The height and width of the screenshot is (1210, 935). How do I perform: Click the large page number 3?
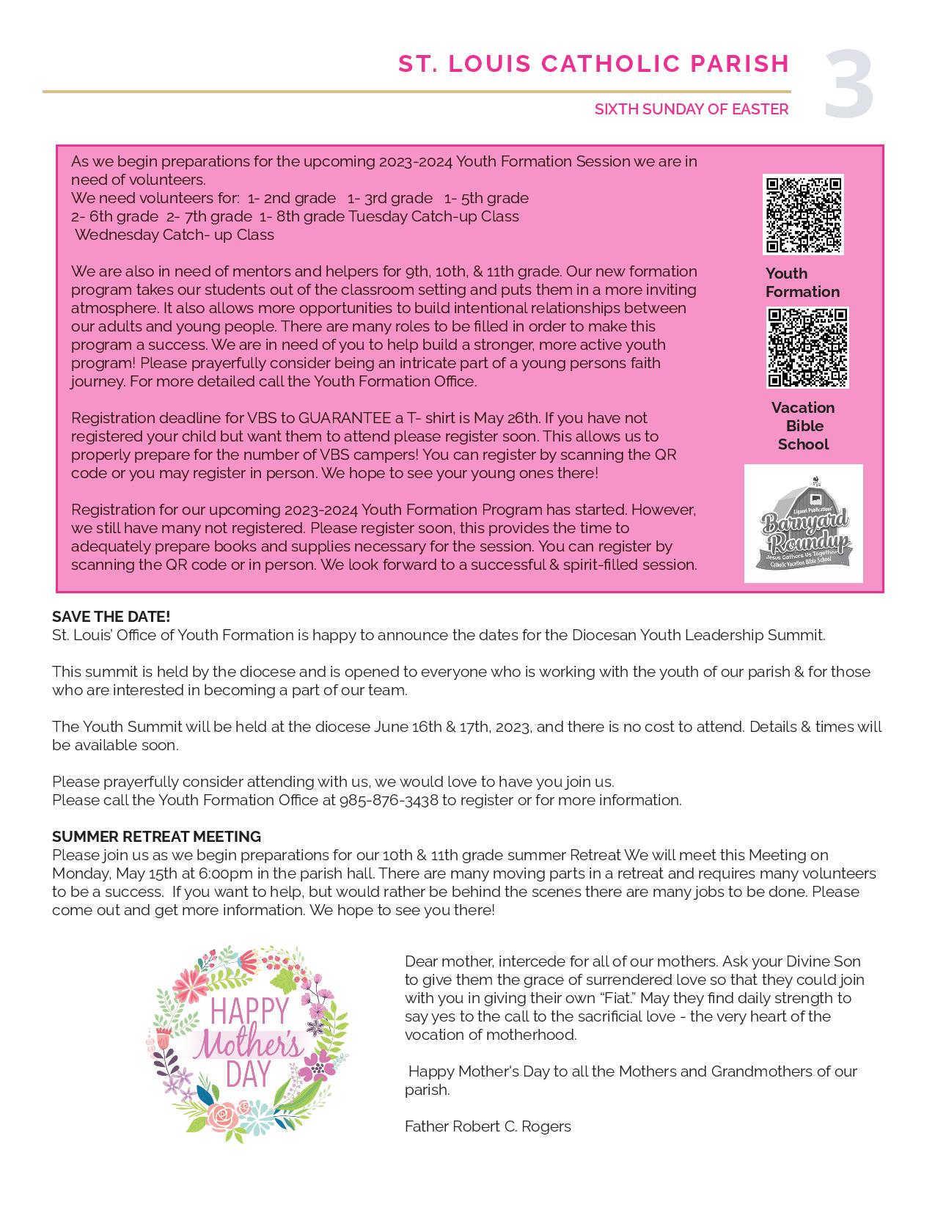coord(848,85)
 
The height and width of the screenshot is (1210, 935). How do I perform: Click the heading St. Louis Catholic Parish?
coord(593,65)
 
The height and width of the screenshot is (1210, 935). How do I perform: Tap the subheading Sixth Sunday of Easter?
coord(691,109)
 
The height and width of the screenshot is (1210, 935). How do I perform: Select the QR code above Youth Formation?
coord(803,215)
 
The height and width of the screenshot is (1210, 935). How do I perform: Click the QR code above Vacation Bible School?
coord(807,348)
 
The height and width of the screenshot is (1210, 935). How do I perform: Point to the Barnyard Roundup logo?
coord(804,524)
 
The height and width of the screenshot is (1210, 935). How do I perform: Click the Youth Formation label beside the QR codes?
coord(802,282)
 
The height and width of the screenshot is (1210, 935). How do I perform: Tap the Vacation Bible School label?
coord(803,426)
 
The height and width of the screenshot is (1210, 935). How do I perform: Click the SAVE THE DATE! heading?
coord(111,617)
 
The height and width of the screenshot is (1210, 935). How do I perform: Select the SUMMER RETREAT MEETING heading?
coord(156,837)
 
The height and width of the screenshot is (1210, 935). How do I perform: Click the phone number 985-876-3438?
coord(389,800)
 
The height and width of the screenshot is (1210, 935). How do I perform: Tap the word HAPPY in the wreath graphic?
coord(249,1012)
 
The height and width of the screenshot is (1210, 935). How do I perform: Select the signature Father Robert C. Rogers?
coord(488,1126)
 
